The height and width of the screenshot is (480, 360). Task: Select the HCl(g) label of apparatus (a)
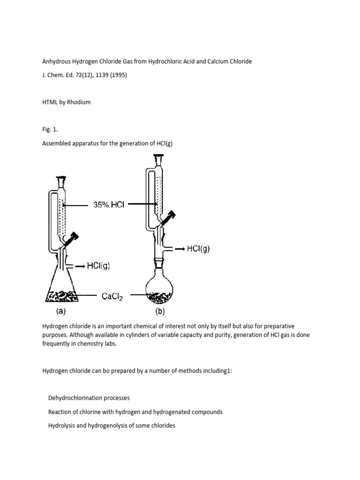coord(99,266)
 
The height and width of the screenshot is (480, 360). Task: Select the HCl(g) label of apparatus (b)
coord(198,249)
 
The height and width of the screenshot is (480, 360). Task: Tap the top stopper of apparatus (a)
coord(61,180)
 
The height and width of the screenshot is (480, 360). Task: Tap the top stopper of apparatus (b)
coord(160,161)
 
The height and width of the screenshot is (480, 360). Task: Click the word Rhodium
coord(79,102)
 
